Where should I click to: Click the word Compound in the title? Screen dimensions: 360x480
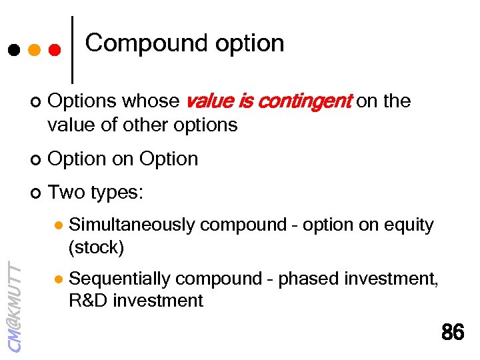coord(137,43)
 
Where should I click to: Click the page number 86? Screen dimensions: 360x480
coord(453,332)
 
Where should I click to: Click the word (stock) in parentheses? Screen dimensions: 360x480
coord(96,247)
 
